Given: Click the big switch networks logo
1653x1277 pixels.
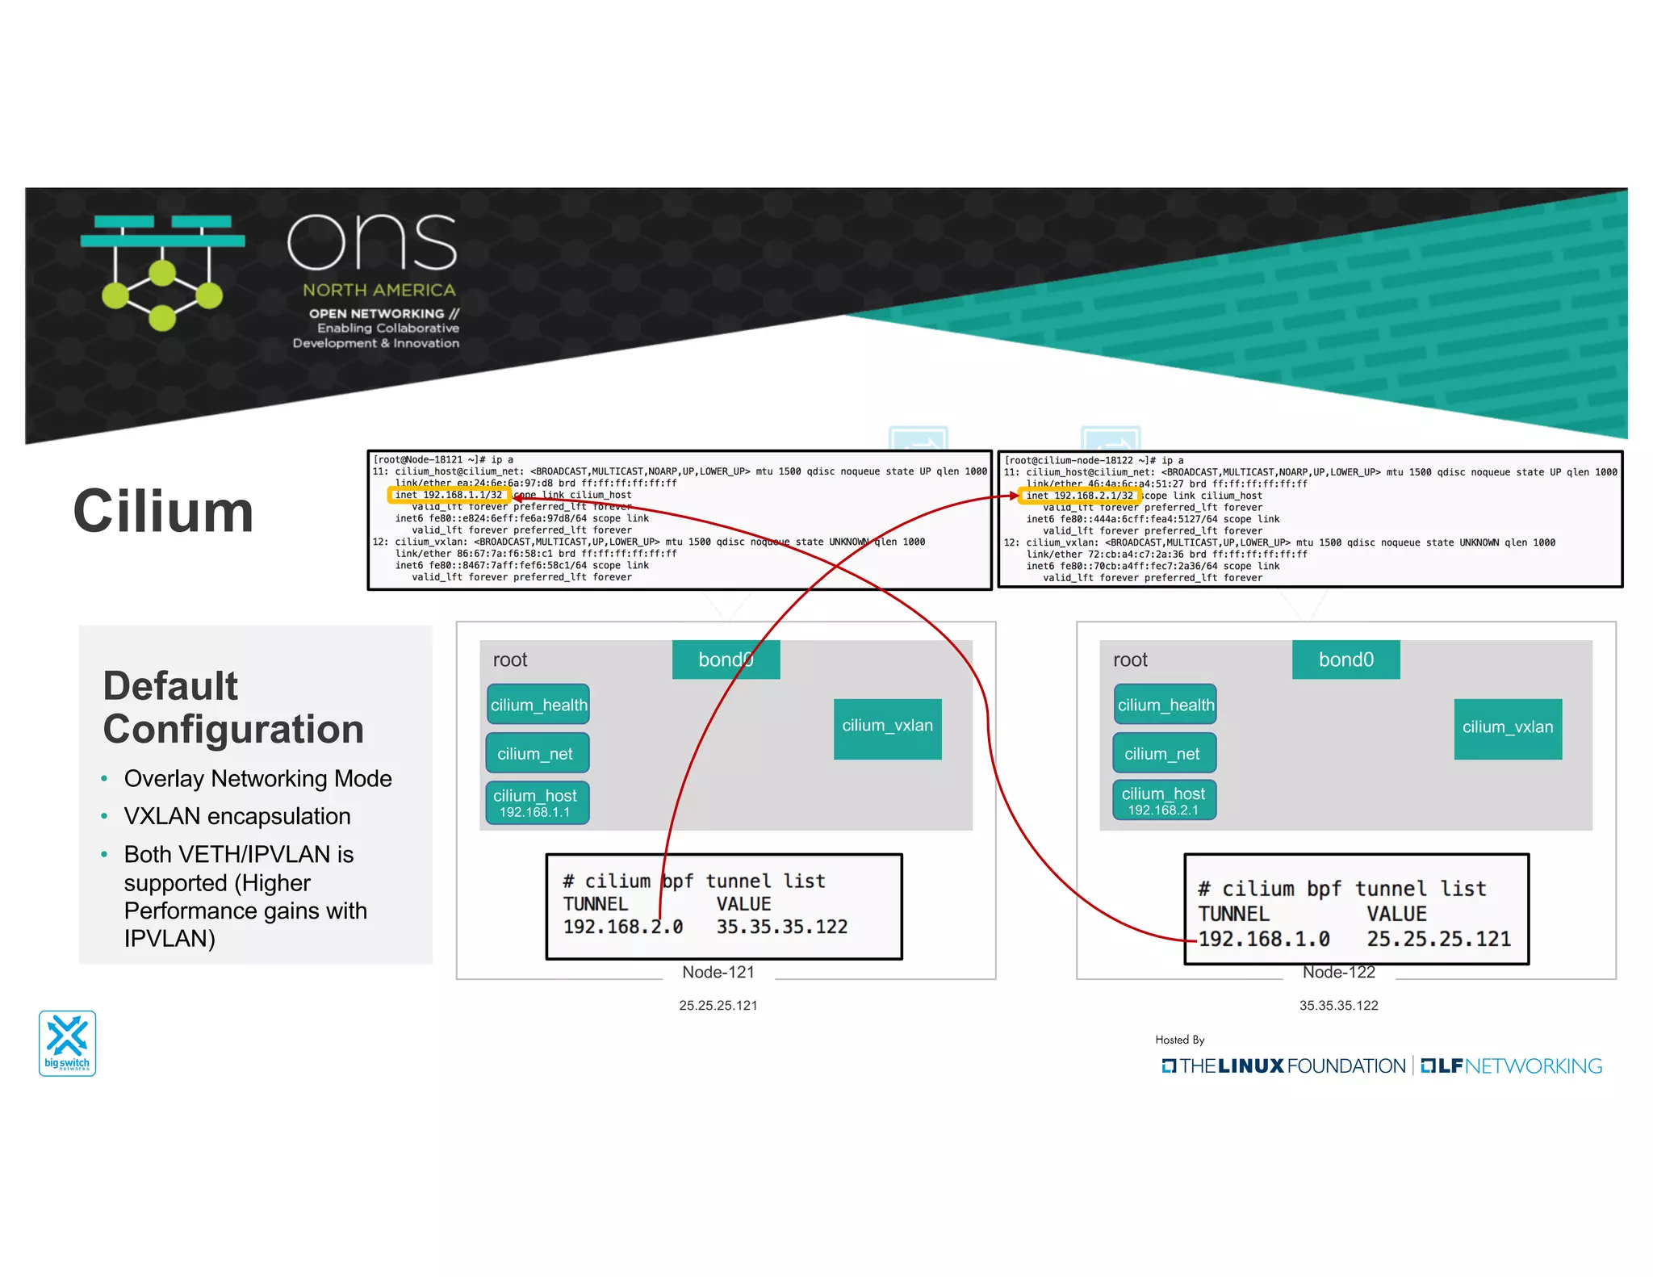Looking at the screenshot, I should (x=67, y=1042).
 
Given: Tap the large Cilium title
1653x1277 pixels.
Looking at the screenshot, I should (x=163, y=512).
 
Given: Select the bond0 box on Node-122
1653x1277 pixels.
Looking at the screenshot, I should (x=1345, y=659).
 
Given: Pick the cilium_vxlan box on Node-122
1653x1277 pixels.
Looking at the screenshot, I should (x=1507, y=728).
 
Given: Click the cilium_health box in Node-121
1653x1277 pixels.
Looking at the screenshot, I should (x=538, y=705).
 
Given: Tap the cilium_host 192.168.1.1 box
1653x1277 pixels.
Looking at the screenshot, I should (x=537, y=802).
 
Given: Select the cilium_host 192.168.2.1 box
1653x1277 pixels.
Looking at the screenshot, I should (x=1163, y=800).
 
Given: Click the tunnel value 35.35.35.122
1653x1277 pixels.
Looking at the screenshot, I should (x=781, y=927).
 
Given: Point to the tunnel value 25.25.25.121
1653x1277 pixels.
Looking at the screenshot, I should (x=1437, y=939).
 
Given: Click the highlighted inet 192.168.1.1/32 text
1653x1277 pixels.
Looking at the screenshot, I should (x=449, y=495).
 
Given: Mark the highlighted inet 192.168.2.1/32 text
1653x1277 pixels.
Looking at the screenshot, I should (x=1079, y=496).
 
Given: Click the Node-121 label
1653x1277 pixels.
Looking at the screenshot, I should (x=718, y=972).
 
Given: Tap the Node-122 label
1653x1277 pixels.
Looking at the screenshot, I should (x=1338, y=972).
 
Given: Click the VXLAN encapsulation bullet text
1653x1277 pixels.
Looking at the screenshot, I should (x=236, y=816).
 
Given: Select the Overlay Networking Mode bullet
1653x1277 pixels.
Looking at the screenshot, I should (x=257, y=778).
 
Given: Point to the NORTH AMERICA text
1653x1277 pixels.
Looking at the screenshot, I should (x=379, y=290).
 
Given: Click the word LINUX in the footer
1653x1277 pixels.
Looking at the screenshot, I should (x=1250, y=1066).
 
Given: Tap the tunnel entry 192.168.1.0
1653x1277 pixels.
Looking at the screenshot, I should (x=1263, y=939).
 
